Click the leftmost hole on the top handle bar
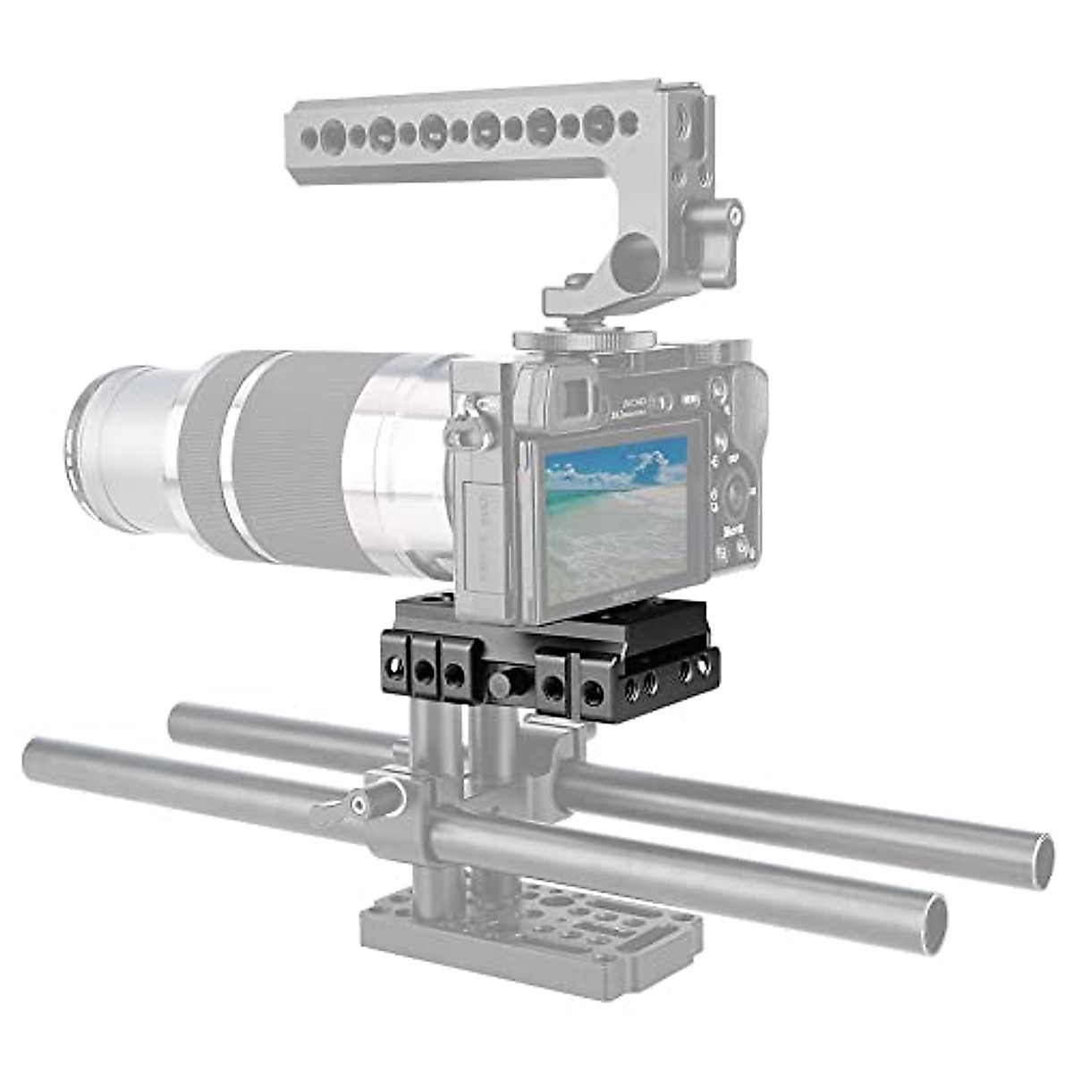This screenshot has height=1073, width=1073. click(x=310, y=137)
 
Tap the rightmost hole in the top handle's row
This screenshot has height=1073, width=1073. click(x=629, y=123)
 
